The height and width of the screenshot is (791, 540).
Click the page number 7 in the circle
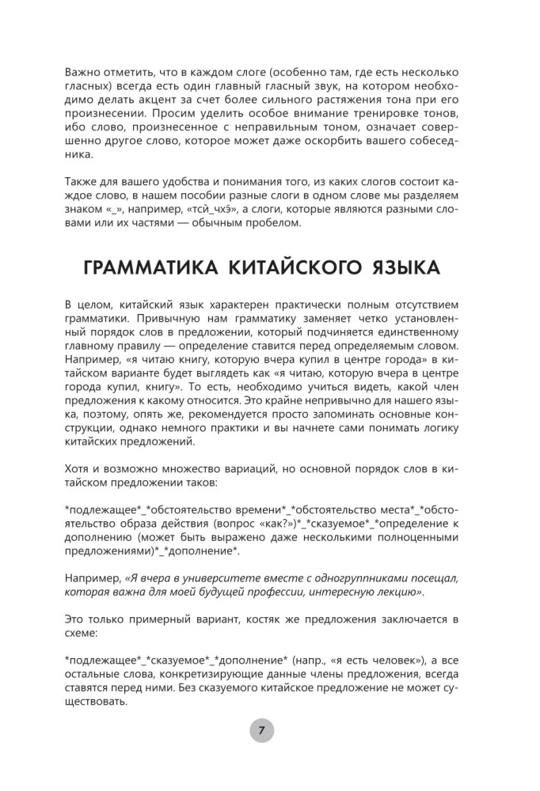(261, 729)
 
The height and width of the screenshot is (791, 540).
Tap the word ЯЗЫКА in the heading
(405, 268)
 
